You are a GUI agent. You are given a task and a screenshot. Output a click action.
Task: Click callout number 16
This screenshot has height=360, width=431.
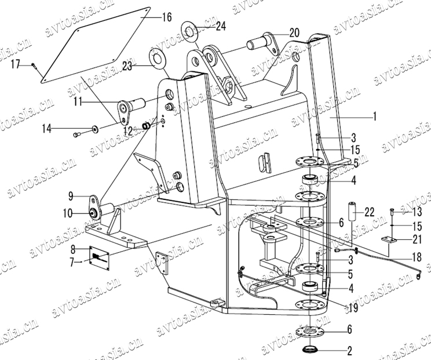(x=166, y=17)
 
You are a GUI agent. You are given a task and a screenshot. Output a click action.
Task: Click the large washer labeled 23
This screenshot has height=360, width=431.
(x=157, y=59)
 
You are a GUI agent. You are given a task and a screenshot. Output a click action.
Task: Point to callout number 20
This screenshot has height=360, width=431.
(x=294, y=32)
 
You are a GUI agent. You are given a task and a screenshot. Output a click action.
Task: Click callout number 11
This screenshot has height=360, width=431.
(x=77, y=101)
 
